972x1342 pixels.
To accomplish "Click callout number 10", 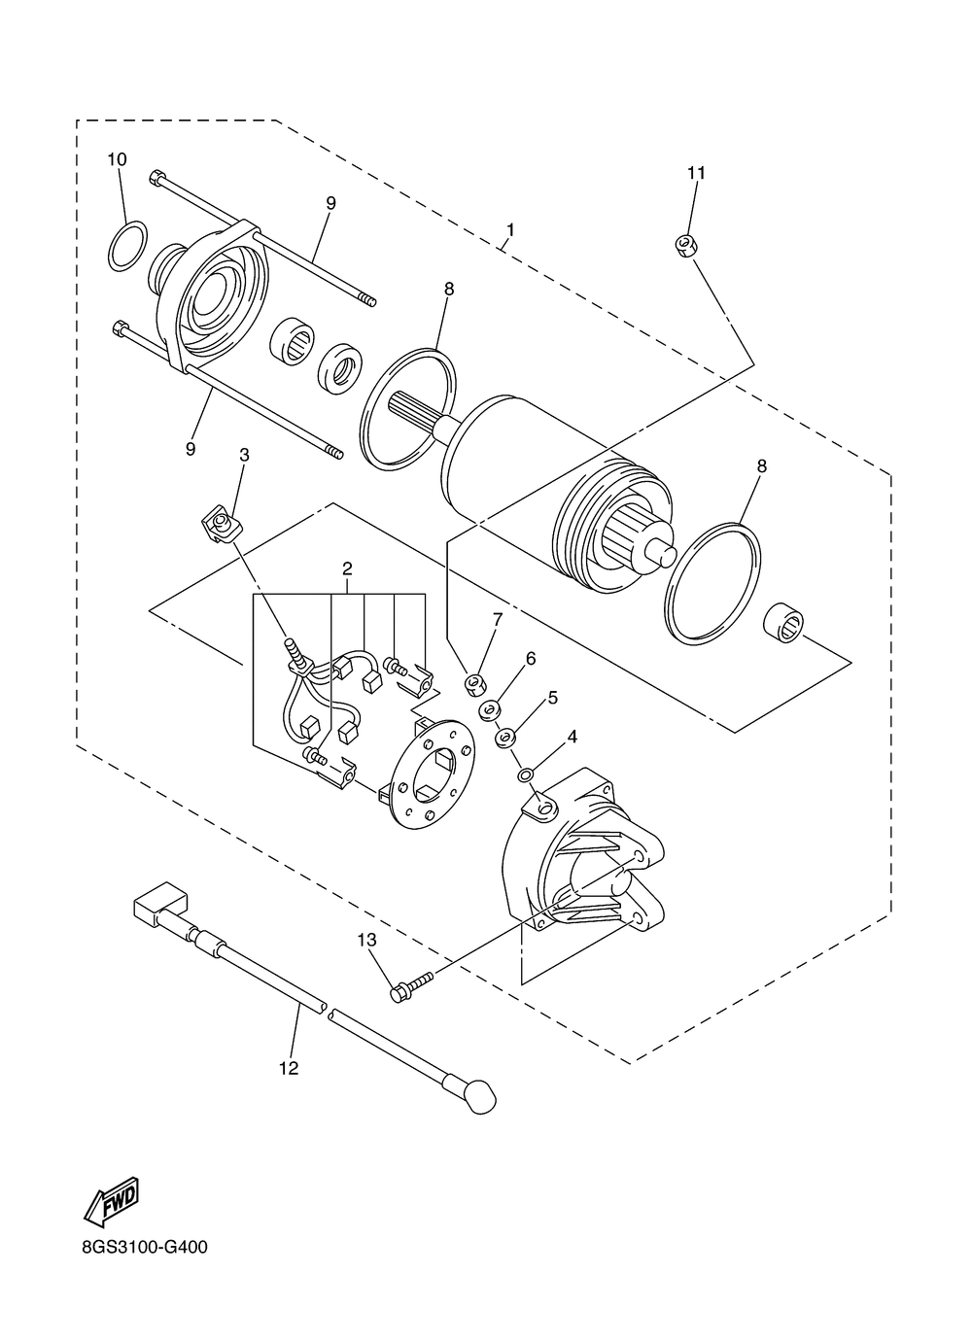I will tap(117, 158).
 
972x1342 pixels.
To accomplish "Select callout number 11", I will tap(696, 173).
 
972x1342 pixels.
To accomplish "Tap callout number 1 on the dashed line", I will tap(509, 230).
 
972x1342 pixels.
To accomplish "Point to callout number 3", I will tap(244, 455).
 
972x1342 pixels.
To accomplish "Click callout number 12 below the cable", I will tap(288, 1068).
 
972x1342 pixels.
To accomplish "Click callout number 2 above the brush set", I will tap(346, 569).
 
